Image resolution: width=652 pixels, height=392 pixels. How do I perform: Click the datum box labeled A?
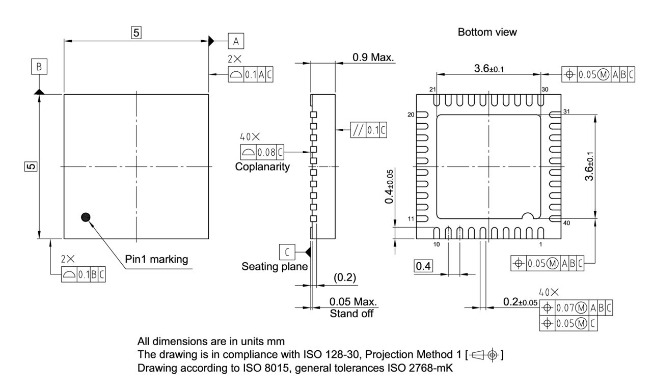236,41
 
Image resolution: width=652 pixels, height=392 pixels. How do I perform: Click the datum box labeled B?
39,66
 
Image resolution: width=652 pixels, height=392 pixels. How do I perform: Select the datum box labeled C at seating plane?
287,251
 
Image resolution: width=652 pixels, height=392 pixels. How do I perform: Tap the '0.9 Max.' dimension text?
373,57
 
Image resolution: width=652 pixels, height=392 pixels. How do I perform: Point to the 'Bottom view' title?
487,32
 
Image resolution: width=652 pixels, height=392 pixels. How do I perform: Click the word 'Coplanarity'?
262,167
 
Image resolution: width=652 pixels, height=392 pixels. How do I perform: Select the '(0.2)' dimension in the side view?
344,277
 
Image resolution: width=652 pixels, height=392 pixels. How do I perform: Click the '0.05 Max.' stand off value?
354,301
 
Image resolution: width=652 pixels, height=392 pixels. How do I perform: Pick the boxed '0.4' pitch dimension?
423,266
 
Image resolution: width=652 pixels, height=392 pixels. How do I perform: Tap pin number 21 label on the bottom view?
432,90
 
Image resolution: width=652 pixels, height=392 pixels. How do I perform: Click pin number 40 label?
567,223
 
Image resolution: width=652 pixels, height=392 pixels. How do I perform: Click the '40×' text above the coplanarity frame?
250,137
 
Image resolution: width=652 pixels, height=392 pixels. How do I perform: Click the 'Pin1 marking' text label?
156,259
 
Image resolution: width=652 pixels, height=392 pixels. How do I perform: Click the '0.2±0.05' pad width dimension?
520,302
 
